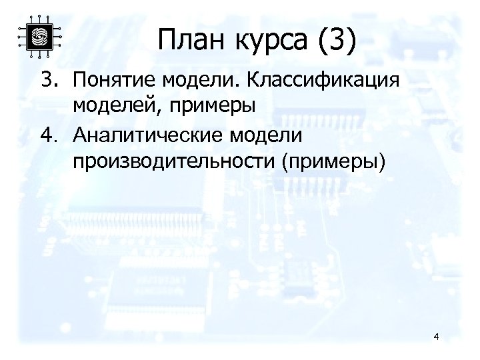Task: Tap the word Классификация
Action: click(323, 81)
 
